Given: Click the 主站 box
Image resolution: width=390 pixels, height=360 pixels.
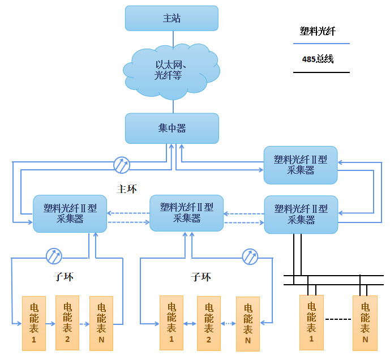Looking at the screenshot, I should pos(171,18).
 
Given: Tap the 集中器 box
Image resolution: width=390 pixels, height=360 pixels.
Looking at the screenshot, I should pos(172,128).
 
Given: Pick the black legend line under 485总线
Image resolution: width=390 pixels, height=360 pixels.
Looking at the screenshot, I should pos(321,72).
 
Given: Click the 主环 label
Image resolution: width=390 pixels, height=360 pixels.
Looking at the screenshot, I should pos(127,188).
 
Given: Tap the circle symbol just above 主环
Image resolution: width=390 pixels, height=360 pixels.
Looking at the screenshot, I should pos(122,165).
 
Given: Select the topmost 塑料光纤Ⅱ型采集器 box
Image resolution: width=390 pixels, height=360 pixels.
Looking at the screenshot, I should pos(301,165).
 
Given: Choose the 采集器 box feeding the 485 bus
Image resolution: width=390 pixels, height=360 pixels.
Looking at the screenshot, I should pos(301,214).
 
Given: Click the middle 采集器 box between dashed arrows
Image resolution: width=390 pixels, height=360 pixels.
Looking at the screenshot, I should pos(186,213).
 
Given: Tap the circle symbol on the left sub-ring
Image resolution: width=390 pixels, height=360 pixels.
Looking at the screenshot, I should pos(54,256).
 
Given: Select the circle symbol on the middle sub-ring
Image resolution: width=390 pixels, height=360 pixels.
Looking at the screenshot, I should pos(250,256).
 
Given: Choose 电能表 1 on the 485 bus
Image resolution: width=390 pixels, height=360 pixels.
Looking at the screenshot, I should pos(311,322).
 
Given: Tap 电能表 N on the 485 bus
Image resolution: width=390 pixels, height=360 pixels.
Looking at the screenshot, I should pos(365,323).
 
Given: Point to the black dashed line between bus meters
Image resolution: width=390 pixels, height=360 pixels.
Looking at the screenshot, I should pos(338,319).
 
